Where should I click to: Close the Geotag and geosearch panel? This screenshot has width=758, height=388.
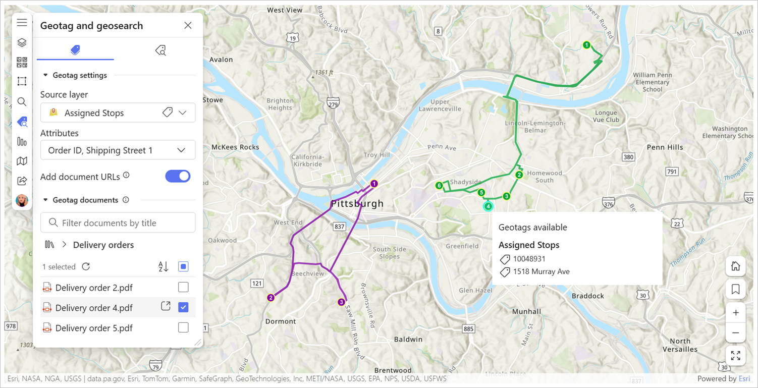click(x=188, y=26)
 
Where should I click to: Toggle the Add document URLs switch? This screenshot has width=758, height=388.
click(x=178, y=176)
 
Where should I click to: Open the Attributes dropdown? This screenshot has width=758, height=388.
click(x=118, y=150)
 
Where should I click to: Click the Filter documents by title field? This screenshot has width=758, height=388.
click(x=118, y=223)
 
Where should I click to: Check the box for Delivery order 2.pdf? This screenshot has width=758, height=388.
click(x=183, y=287)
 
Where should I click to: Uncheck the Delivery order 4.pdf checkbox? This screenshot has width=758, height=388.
click(x=183, y=307)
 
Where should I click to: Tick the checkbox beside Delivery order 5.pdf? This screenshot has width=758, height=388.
click(x=183, y=327)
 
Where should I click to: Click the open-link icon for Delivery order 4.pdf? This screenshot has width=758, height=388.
click(x=166, y=306)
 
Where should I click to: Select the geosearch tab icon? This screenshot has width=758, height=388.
click(x=160, y=50)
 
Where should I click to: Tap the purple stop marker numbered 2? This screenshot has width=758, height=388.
click(x=270, y=298)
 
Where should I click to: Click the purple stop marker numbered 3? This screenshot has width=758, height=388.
click(x=341, y=302)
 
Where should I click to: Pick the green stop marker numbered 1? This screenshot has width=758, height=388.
click(x=586, y=45)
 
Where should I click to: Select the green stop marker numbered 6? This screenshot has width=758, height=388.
click(x=439, y=186)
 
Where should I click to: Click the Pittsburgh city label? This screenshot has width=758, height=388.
click(x=357, y=204)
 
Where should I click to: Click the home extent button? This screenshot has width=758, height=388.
click(x=735, y=266)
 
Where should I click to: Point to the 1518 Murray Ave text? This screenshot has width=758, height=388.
click(x=541, y=271)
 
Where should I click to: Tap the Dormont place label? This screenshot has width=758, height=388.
click(x=281, y=321)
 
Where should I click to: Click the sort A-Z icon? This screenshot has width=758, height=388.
click(x=163, y=266)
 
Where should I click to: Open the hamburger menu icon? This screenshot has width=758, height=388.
click(x=22, y=22)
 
